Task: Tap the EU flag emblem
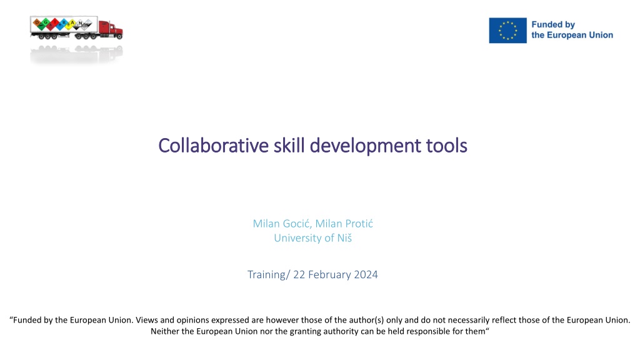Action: point(507,30)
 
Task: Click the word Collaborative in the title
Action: point(214,146)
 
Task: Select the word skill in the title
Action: point(289,146)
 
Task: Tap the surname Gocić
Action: point(297,224)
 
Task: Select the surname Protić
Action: point(358,224)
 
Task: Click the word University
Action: point(297,238)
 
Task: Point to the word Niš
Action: point(344,238)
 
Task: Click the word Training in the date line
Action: point(266,275)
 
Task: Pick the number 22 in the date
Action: point(299,275)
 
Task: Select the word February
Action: point(329,275)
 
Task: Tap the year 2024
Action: point(366,275)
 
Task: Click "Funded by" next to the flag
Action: point(553,25)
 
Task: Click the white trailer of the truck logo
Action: point(64,24)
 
